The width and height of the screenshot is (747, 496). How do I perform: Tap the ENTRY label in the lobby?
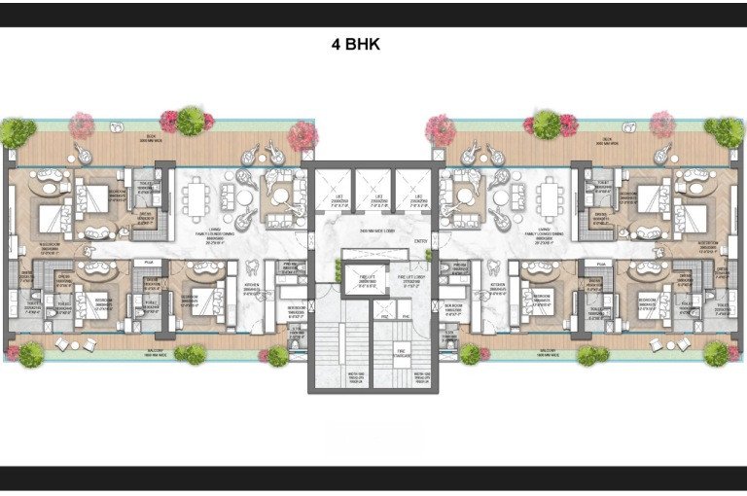point(420,241)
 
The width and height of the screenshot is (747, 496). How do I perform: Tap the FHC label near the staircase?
point(402,316)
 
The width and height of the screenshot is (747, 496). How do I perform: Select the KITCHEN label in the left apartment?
point(252,289)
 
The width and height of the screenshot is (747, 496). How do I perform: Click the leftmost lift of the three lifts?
point(333,195)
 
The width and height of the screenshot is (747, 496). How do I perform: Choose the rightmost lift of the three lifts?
point(412,195)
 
